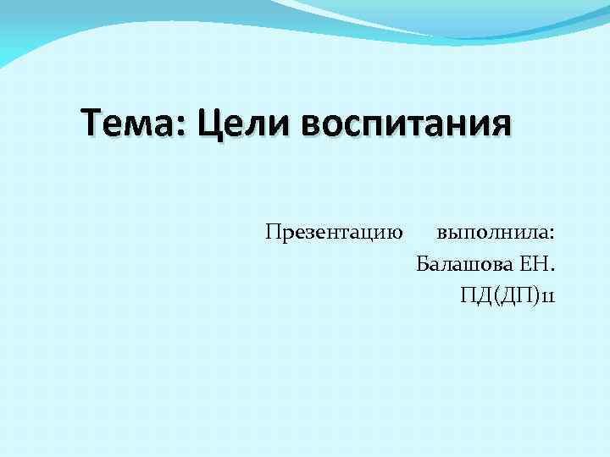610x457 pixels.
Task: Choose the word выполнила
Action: pyautogui.click(x=492, y=232)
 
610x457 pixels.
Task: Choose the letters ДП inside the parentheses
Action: pyautogui.click(x=515, y=296)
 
